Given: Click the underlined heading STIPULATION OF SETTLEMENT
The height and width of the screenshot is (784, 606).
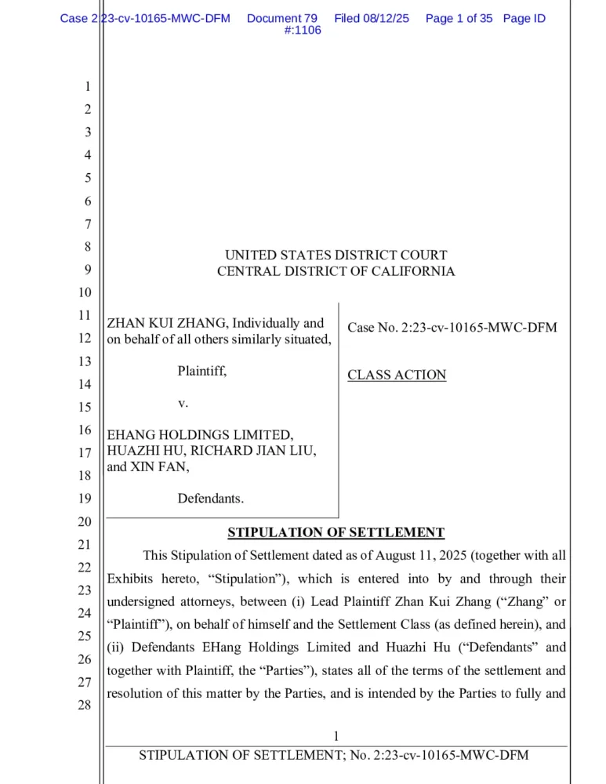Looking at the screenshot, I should (336, 533).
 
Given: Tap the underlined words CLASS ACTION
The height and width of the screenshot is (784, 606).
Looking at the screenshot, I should (397, 375).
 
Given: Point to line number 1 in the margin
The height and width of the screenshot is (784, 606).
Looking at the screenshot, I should (87, 87).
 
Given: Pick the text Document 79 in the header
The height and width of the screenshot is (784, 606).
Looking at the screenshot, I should (281, 18).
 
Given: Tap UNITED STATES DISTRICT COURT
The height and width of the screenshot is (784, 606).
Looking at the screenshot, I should (336, 255).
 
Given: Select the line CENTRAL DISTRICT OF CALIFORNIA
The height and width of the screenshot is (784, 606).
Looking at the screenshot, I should (336, 271).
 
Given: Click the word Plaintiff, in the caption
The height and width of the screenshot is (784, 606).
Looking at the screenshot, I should (201, 371).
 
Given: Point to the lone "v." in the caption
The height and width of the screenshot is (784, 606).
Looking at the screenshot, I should (183, 403).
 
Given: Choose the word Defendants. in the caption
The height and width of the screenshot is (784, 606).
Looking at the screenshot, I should (210, 498).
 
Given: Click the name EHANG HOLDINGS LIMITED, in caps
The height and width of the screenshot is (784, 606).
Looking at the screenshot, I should (200, 434).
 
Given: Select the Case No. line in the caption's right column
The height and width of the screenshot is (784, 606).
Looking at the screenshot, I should (452, 328).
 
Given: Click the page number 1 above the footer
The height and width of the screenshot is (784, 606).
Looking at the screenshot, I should (336, 736).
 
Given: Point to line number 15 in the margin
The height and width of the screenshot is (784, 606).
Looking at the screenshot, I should (85, 407).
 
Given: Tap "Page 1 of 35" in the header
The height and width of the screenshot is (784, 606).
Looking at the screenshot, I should (459, 18).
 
